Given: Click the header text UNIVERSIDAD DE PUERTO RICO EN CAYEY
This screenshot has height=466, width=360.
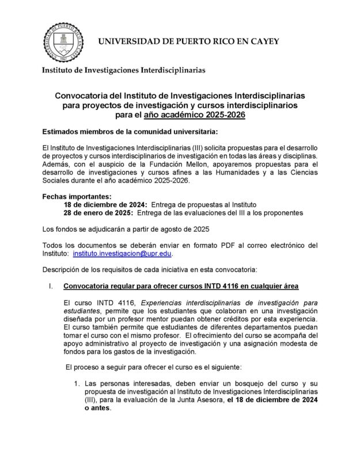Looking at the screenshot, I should (x=188, y=41).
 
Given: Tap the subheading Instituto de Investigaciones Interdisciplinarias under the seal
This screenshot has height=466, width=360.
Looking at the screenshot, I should (x=123, y=71).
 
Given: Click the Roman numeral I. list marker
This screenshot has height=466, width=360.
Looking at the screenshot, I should (x=51, y=286).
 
